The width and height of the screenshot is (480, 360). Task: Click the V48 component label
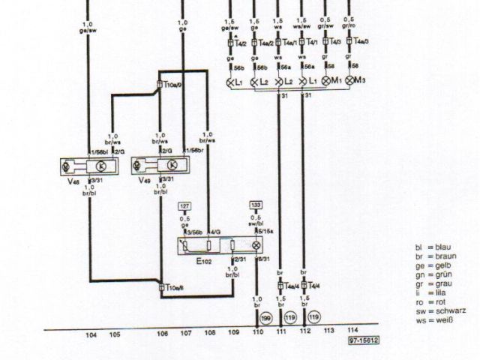pos(72,181)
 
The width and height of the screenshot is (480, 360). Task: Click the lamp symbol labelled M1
pos(327,80)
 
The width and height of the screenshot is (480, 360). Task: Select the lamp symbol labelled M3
pos(350,80)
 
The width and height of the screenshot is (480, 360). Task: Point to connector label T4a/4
pos(291,285)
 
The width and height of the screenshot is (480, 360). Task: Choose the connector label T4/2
pos(240,43)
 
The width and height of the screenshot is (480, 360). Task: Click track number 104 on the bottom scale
pos(91,334)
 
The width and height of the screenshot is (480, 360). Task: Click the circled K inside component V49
pos(172,165)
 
